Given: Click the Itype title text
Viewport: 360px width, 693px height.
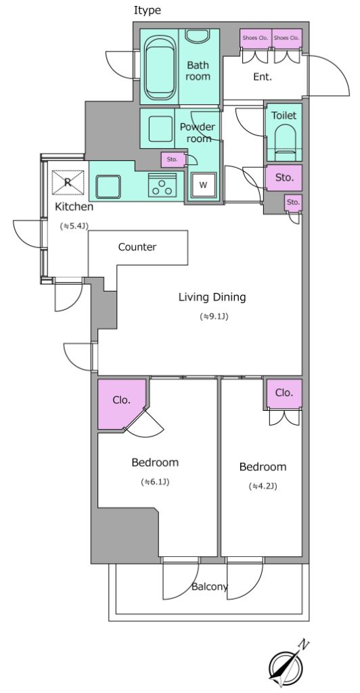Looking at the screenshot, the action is click(148, 11).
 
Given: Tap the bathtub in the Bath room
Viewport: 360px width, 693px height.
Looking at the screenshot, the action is click(159, 67).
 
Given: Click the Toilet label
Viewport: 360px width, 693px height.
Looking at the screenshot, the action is click(284, 116).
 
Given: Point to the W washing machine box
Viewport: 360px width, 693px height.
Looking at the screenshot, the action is click(203, 185).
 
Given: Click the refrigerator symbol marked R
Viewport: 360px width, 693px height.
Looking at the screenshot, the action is click(68, 182).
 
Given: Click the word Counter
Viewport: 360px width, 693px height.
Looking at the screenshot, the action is click(137, 247).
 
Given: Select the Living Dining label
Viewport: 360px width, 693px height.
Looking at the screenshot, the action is click(212, 297).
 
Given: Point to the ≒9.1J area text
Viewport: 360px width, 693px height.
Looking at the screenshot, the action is click(215, 317).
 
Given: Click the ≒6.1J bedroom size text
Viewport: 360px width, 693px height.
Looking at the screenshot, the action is click(155, 482).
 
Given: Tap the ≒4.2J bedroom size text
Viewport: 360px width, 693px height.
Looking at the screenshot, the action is click(263, 487).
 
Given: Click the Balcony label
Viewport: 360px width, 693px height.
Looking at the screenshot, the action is click(210, 587).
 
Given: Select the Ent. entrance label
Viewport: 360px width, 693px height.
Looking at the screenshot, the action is click(263, 77).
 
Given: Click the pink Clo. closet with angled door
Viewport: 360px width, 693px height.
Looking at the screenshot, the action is click(122, 403).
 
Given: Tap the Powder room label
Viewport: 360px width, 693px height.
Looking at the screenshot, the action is click(198, 133).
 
